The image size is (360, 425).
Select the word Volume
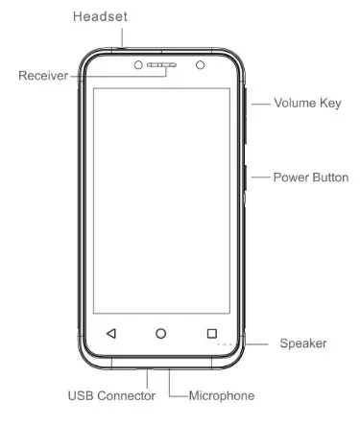tap(295, 103)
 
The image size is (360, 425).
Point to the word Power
tap(292, 177)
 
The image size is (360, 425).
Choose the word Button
tap(329, 177)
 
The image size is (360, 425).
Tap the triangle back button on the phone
tap(110, 334)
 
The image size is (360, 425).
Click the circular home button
tap(161, 334)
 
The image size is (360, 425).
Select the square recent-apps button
tap(211, 334)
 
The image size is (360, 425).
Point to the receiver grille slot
tap(162, 64)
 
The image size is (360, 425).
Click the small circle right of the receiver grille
tap(201, 64)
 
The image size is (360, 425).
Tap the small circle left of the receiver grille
tap(136, 64)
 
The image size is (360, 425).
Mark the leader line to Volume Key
tap(260, 103)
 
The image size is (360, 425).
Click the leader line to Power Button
tap(260, 177)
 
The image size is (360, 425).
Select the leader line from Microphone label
tap(177, 394)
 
